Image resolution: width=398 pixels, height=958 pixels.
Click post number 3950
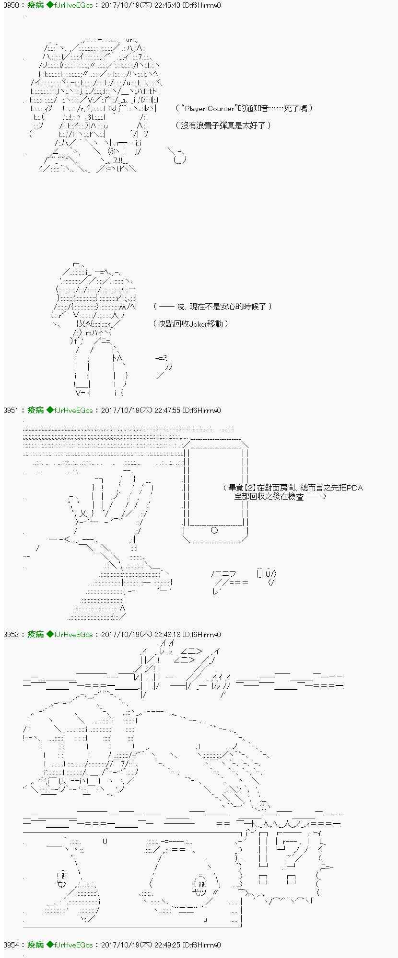click(x=11, y=5)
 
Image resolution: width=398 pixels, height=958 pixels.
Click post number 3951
click(x=11, y=410)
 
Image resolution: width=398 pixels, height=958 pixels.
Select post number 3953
click(x=11, y=634)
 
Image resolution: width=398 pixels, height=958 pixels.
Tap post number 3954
click(x=11, y=945)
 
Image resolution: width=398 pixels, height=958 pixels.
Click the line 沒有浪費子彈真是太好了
click(x=223, y=125)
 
